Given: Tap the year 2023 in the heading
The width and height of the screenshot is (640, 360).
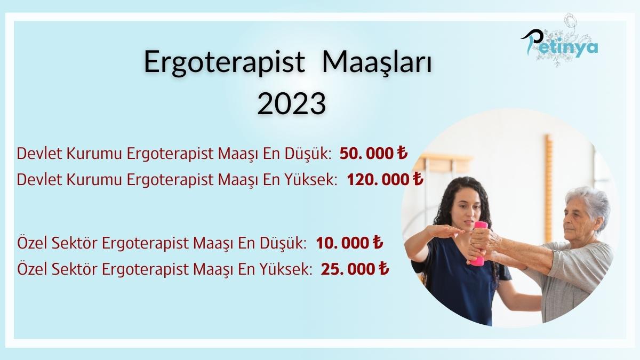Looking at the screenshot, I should [291, 104].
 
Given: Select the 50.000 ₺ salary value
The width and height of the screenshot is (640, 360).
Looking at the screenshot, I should [373, 154].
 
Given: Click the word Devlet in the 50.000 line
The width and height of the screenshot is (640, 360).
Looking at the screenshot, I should [35, 154].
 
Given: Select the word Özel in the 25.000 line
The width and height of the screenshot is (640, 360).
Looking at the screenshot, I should [32, 269].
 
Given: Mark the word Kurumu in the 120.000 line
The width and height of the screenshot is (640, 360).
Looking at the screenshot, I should [90, 179].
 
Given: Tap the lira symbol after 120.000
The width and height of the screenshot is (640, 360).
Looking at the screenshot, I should [418, 179].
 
